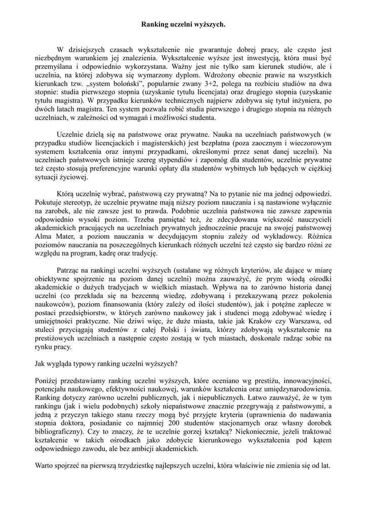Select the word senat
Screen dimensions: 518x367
271,151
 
